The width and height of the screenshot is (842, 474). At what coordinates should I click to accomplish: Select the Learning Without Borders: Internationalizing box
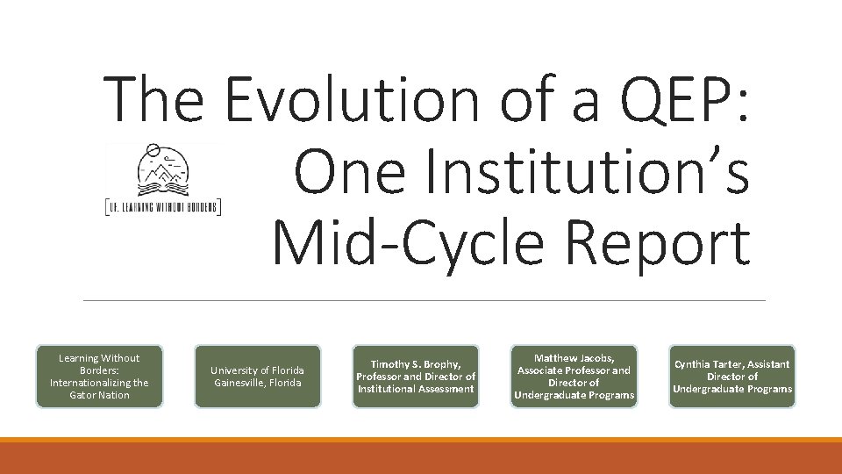99,377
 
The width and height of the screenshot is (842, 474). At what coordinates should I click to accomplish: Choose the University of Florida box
257,377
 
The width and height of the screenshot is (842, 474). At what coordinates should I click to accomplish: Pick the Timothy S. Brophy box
416,377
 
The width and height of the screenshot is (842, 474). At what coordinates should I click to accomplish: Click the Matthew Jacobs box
574,377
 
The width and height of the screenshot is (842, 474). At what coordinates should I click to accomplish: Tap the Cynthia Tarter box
731,377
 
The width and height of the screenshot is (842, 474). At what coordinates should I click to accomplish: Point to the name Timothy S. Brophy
415,364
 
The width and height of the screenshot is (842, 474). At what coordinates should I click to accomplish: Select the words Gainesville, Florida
257,383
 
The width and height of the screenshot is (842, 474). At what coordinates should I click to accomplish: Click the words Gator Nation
99,395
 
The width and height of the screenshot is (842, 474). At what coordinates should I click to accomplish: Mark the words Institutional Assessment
416,389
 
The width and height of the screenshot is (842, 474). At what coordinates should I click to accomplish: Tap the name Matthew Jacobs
574,358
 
